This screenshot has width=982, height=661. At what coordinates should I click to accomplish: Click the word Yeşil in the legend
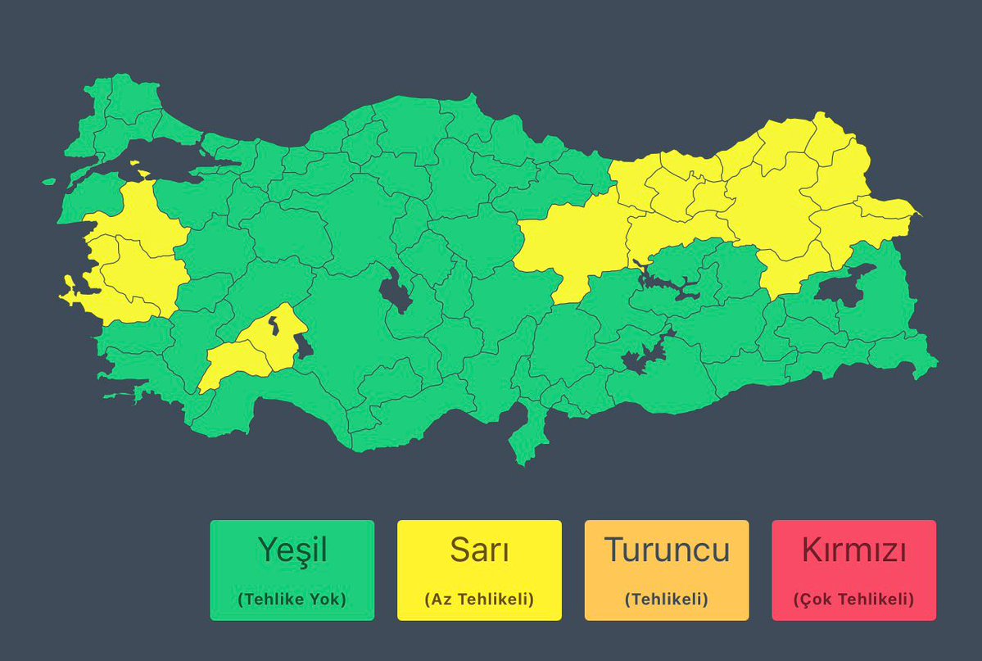292,550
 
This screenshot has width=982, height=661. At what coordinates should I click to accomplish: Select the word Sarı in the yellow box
479,550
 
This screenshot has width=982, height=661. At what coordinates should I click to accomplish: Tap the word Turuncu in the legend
667,550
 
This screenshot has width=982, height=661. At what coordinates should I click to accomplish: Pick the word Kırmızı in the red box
853,550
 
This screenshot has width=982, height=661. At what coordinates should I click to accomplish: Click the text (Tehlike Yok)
292,599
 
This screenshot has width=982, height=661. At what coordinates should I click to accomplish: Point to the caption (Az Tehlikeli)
479,599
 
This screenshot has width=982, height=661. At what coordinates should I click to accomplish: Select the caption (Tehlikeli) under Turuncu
667,599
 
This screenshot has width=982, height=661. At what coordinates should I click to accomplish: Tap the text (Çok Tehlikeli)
853,599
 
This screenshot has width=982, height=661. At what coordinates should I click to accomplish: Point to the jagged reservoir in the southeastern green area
644,355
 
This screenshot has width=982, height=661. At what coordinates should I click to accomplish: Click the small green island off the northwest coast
49,182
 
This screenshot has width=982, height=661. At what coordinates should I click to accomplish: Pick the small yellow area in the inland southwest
246,352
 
